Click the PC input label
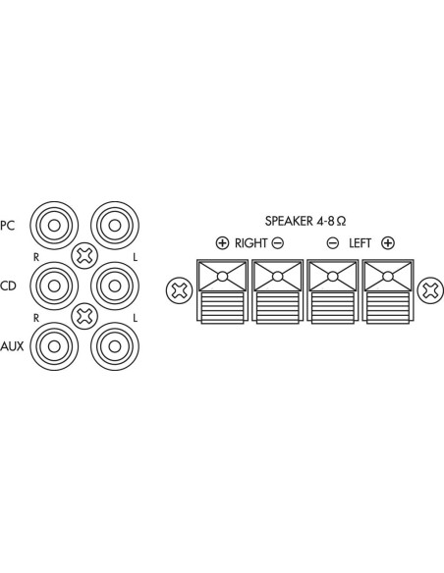tap(7, 226)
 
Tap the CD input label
tap(9, 286)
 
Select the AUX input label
tap(12, 346)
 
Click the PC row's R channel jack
tap(54, 226)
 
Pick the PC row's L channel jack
tap(115, 226)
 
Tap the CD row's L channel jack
tap(115, 286)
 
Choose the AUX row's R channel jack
tap(54, 346)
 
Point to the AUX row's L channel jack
tap(115, 346)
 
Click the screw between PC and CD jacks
tap(84, 256)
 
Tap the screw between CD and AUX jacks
tap(84, 316)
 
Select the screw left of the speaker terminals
tap(179, 290)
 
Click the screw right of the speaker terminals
tap(431, 290)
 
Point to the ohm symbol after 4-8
tap(341, 222)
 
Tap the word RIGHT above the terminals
tap(250, 243)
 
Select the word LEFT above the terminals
tap(360, 243)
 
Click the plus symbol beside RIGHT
tap(222, 243)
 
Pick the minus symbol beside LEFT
tap(332, 243)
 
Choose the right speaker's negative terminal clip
tap(278, 291)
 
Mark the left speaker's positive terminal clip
tap(388, 291)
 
